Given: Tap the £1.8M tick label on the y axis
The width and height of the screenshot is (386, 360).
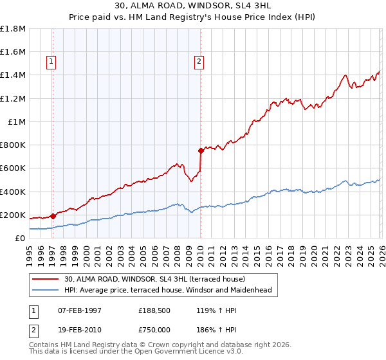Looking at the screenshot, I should pyautogui.click(x=13, y=29).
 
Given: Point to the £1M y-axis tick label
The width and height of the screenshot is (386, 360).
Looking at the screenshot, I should pyautogui.click(x=17, y=122).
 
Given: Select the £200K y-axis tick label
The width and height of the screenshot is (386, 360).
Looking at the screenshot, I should pyautogui.click(x=13, y=215).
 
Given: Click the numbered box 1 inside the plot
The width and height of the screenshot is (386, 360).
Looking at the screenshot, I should pyautogui.click(x=51, y=62).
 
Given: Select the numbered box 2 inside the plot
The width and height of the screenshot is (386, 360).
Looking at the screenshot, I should pyautogui.click(x=199, y=62).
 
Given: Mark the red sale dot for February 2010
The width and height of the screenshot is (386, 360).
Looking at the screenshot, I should pyautogui.click(x=201, y=151).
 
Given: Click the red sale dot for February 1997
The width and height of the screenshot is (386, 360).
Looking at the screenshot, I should pyautogui.click(x=53, y=216).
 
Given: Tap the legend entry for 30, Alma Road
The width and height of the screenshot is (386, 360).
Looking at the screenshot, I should pyautogui.click(x=154, y=279).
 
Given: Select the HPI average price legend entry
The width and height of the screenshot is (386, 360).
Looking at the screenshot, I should pyautogui.click(x=168, y=290).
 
